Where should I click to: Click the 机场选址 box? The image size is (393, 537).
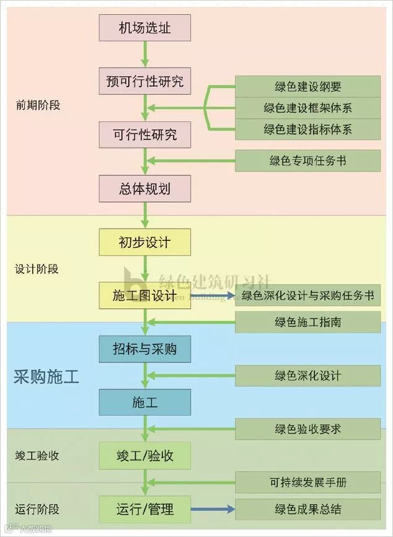point(144,28)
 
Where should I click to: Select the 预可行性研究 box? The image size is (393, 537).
point(144,81)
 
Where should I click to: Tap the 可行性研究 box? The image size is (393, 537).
point(144,134)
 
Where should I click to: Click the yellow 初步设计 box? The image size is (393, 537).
point(144,242)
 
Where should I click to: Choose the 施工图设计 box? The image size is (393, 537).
point(144,296)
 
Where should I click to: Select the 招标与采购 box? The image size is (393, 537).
point(144,349)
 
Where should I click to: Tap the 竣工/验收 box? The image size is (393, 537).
point(144,456)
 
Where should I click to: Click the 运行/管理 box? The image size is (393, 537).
point(144,510)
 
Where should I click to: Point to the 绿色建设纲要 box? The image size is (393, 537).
point(307,87)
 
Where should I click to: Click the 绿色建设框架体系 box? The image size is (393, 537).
point(307,108)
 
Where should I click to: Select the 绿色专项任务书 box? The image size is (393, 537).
point(307,161)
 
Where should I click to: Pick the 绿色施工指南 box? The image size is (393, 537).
point(307,322)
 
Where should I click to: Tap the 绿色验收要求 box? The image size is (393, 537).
point(307,429)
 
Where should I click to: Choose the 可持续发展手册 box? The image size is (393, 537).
point(307,482)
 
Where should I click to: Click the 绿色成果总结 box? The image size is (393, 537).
point(307,510)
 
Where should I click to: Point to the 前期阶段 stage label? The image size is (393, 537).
point(38,105)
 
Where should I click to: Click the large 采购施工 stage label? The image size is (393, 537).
point(46,377)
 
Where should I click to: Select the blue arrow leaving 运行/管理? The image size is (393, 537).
point(212,510)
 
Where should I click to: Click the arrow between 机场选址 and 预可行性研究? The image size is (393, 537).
point(145,55)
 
